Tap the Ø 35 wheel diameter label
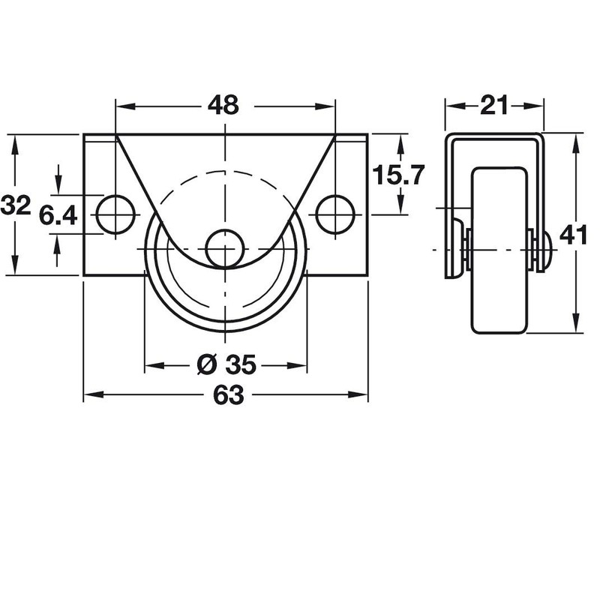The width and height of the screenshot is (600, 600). (x=226, y=365)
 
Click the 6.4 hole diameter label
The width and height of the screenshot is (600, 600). (x=58, y=216)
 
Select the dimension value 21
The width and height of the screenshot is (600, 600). (x=494, y=106)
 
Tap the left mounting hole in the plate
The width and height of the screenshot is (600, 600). (x=115, y=214)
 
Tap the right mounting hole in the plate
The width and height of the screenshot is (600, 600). (x=334, y=214)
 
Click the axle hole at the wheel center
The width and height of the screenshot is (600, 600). (x=225, y=248)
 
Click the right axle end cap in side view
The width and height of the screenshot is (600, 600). (x=546, y=248)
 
